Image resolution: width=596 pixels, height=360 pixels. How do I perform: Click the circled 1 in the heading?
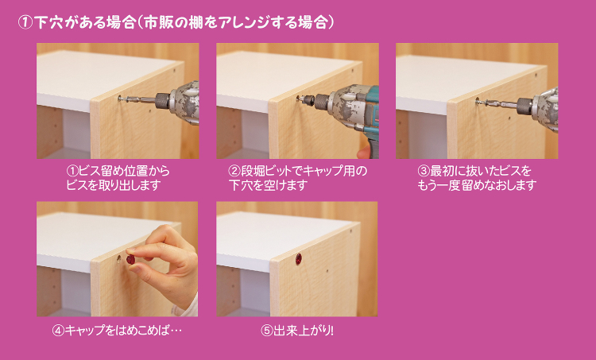click(x=25, y=23)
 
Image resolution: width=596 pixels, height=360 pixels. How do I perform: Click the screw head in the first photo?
click(x=121, y=99)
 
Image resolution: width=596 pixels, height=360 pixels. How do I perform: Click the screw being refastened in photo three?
click(x=480, y=101)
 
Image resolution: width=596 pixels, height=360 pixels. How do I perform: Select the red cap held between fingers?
click(x=130, y=260)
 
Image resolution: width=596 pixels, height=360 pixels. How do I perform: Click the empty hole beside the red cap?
click(x=118, y=259)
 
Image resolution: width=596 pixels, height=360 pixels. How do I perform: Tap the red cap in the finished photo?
click(x=298, y=259)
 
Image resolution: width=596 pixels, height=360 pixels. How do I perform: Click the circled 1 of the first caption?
click(x=72, y=171)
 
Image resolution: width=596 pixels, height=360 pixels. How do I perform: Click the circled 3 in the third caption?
click(x=424, y=171)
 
